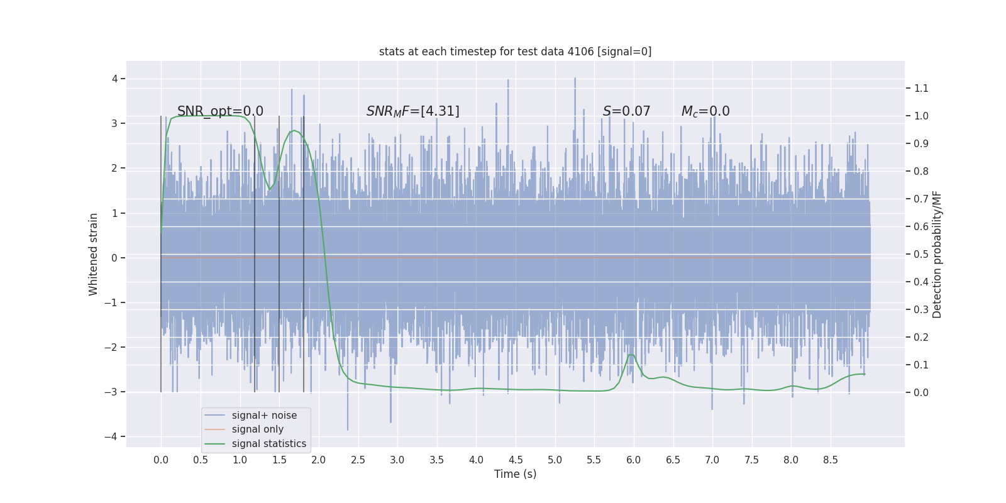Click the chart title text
tap(515, 52)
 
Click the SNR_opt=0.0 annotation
tap(220, 111)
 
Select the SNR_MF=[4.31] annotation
tap(412, 111)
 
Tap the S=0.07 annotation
tap(626, 111)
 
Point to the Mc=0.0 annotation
tap(705, 111)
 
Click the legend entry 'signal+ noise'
tap(264, 416)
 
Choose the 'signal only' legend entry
tap(257, 429)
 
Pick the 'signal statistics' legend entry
tap(268, 444)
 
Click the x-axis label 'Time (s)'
tap(515, 474)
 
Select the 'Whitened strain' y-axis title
tap(94, 254)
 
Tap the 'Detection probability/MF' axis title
tap(937, 254)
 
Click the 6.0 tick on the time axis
tap(633, 460)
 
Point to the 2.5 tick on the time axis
tap(358, 460)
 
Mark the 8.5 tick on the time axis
tap(830, 460)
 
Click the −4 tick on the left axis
tap(113, 436)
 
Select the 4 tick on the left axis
tap(115, 79)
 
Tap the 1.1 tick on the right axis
tap(921, 88)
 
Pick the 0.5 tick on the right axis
tap(921, 254)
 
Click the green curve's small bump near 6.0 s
tap(631, 355)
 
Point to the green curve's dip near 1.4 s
tap(270, 190)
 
